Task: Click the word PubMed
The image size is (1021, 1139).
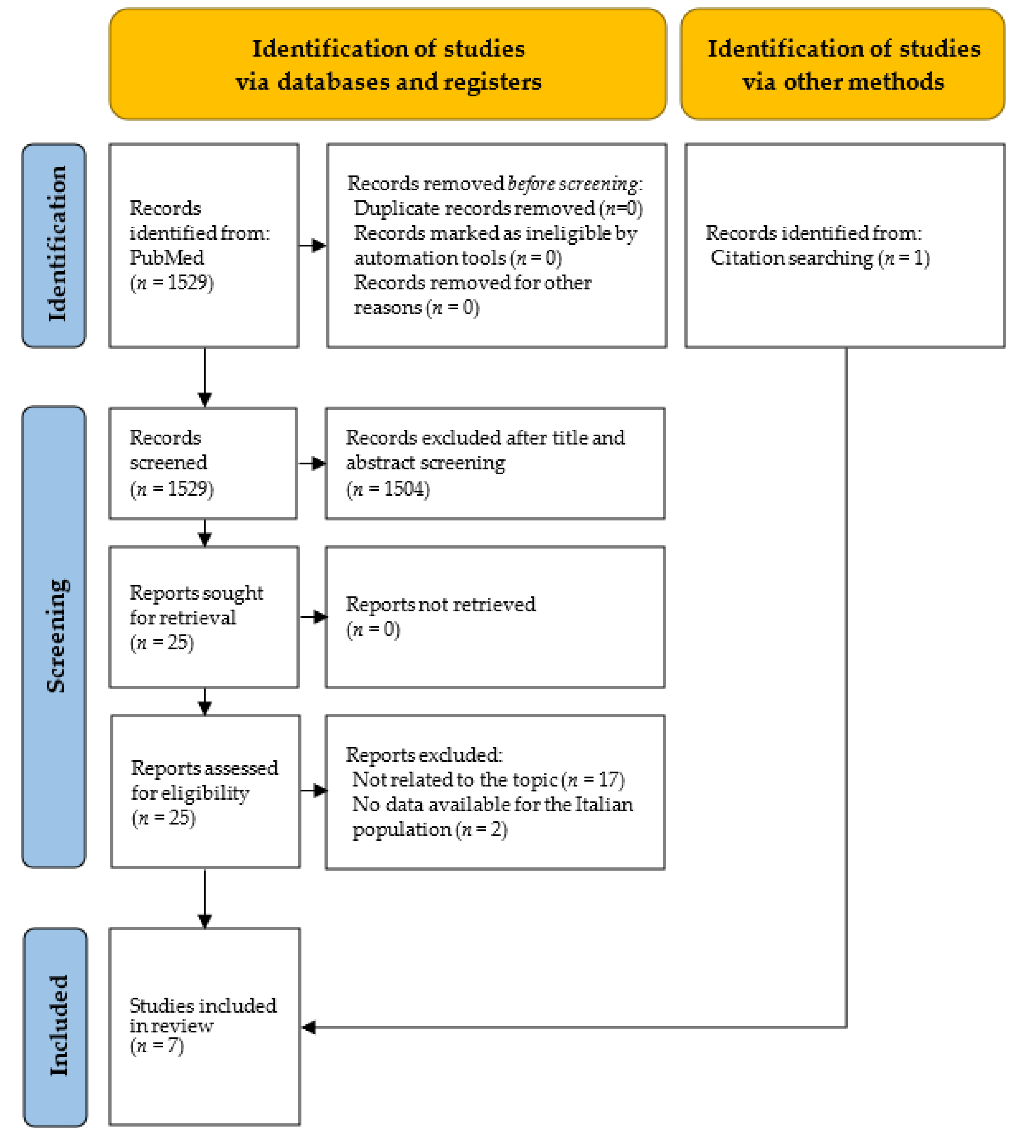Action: coord(167,257)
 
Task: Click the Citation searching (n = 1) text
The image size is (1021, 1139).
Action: coord(820,258)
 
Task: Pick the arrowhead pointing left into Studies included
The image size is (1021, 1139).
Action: coord(309,1027)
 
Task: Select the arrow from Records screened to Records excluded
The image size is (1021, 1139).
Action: coord(312,463)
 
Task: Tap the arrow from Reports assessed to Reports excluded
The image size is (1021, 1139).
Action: coord(313,791)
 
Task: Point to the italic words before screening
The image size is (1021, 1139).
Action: coord(572,183)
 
